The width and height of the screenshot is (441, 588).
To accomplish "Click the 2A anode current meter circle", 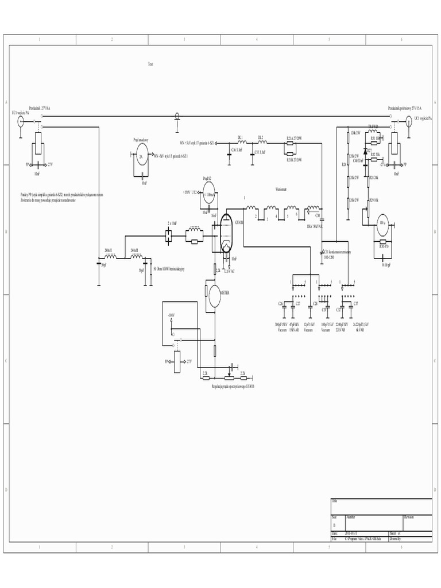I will point(140,155).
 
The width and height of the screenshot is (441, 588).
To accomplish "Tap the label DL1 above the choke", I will point(240,137).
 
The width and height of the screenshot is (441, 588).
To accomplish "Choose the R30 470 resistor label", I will point(384,246).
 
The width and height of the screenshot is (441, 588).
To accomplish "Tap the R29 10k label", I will point(375,199).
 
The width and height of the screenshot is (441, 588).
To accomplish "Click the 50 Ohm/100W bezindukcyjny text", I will point(168,268).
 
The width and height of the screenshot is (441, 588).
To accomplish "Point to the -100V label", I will point(171,315).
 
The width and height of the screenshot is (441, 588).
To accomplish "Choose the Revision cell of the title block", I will point(409,517).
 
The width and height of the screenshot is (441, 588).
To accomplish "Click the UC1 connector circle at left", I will point(20,121).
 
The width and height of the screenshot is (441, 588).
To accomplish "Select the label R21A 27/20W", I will point(294,138).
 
